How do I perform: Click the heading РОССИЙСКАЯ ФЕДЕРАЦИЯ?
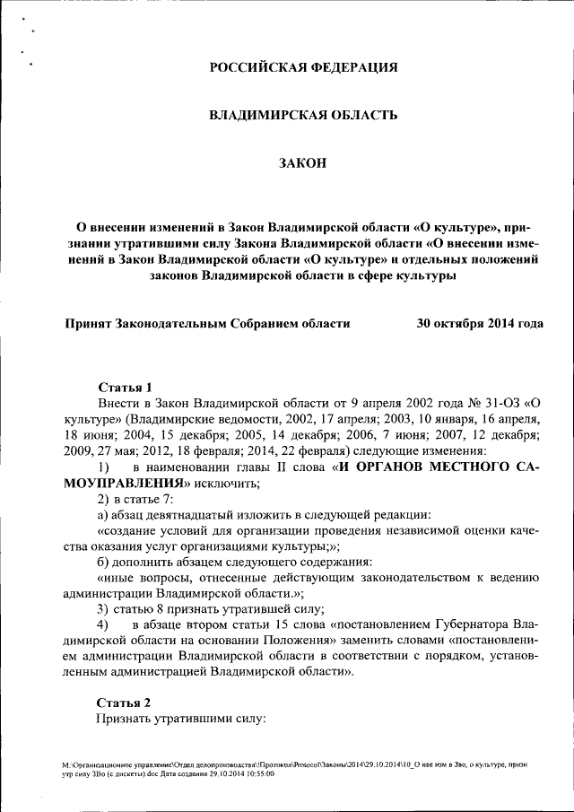pyautogui.click(x=302, y=67)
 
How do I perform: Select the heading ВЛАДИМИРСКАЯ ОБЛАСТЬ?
pyautogui.click(x=302, y=115)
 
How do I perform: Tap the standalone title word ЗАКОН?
pyautogui.click(x=302, y=162)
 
